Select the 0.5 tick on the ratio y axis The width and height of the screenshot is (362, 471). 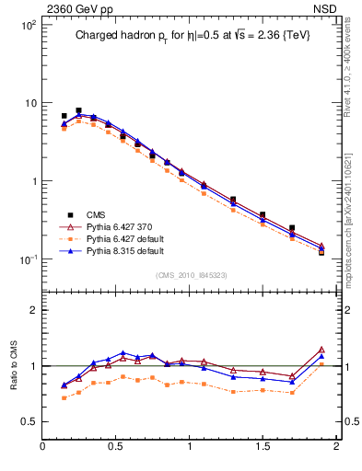point(28,421)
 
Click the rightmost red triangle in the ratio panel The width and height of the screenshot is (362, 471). point(321,350)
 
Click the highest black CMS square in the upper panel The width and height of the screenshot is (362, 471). point(78,110)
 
